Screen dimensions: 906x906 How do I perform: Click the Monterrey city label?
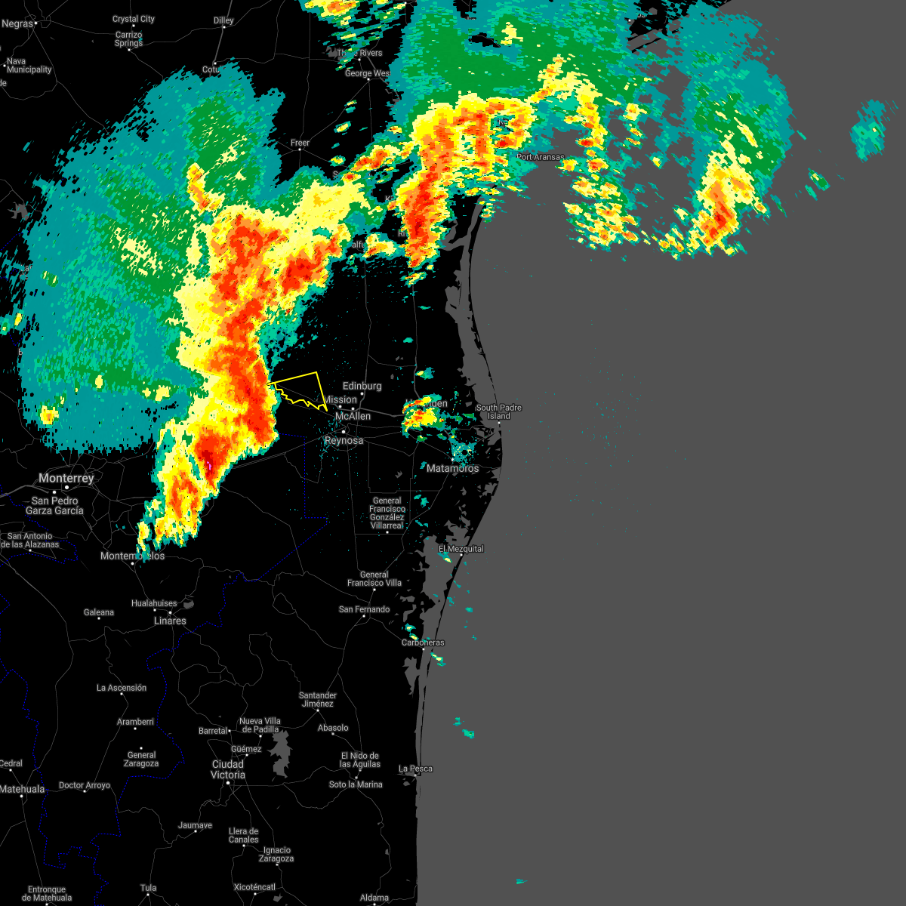66,478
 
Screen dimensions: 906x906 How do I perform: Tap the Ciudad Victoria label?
227,769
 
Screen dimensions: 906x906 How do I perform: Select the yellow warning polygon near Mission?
302,387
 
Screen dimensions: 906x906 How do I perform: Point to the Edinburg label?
362,386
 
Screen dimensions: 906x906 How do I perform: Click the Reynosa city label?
344,440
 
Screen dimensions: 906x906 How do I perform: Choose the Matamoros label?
452,468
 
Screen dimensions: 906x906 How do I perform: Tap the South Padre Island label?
498,411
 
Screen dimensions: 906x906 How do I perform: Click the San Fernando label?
364,609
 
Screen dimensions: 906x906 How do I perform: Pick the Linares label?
170,621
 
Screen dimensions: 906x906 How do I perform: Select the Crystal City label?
134,19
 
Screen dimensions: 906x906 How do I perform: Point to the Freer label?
300,143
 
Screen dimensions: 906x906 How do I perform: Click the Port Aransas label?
541,157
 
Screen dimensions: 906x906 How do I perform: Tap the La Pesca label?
416,769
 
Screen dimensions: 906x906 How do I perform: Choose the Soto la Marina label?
356,784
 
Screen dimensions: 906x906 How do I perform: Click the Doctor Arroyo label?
85,785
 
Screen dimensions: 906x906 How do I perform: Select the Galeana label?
99,612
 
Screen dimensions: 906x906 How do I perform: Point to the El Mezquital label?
461,549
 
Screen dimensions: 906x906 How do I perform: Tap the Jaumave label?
195,825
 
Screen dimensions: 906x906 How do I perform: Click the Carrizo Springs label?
128,39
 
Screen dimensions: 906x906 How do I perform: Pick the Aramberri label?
135,722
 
